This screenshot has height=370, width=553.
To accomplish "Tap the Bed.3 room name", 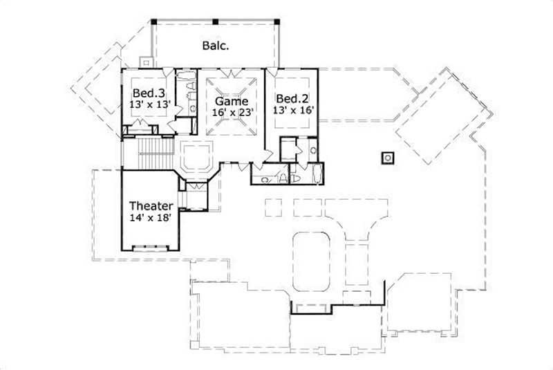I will tap(149, 93).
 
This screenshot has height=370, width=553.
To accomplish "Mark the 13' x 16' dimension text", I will tap(293, 109).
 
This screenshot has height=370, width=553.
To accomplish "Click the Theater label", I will tap(151, 205).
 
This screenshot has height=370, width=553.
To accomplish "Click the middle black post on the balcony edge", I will tap(216, 21).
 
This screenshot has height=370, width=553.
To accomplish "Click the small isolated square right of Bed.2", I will tap(388, 157).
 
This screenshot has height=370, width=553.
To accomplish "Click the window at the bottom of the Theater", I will tap(149, 247).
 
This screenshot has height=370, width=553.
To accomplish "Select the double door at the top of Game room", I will tap(232, 71).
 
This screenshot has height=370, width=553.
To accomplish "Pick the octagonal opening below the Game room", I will tap(196, 156).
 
